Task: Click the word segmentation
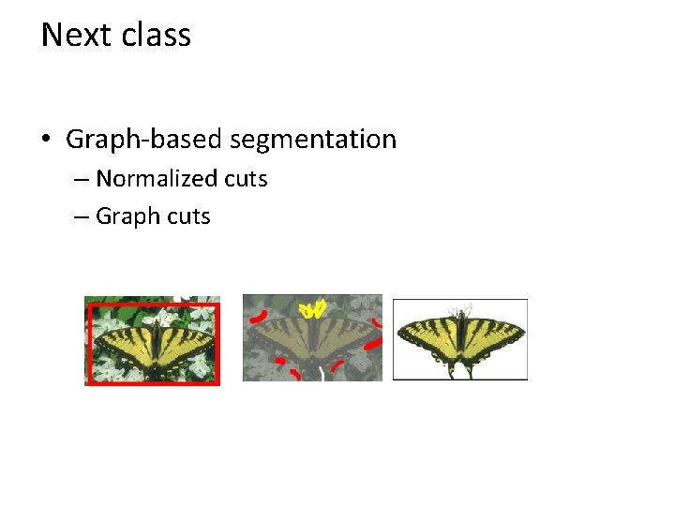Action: [x=313, y=141]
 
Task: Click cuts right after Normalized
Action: [x=245, y=179]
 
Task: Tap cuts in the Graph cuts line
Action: [x=187, y=216]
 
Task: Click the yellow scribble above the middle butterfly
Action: [x=313, y=308]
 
